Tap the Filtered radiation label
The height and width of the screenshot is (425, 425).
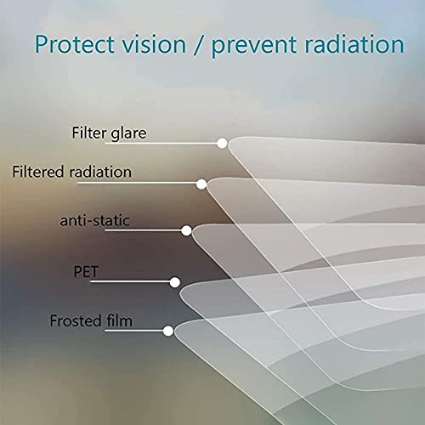71,172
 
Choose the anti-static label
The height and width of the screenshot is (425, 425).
94,221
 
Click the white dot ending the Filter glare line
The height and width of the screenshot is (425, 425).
222,144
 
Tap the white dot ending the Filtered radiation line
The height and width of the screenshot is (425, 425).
201,184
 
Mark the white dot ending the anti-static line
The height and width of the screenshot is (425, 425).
187,229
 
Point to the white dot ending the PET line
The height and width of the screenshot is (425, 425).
175,281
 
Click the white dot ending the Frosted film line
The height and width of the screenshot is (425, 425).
168,331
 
